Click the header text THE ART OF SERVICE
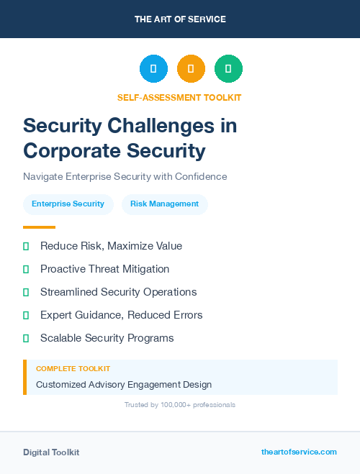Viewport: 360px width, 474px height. (180, 19)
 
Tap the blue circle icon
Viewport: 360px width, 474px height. (153, 69)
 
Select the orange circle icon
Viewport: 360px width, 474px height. (191, 69)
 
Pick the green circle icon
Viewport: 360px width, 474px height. (228, 69)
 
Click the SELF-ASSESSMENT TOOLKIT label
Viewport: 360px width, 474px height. (179, 97)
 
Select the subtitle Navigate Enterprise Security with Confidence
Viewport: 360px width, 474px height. (125, 176)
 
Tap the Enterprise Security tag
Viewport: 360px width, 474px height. (68, 204)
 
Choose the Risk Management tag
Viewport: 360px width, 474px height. (164, 204)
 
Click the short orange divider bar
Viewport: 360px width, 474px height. (39, 227)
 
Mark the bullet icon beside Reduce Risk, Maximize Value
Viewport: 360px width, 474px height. (26, 246)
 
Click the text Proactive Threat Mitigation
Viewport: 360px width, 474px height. (104, 269)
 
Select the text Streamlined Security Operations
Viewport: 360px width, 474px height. (118, 292)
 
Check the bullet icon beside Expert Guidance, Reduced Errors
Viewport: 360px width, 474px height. (26, 315)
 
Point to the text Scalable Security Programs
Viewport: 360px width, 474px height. (107, 338)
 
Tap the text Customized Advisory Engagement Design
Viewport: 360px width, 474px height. (124, 385)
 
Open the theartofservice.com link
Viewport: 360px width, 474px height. (299, 452)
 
